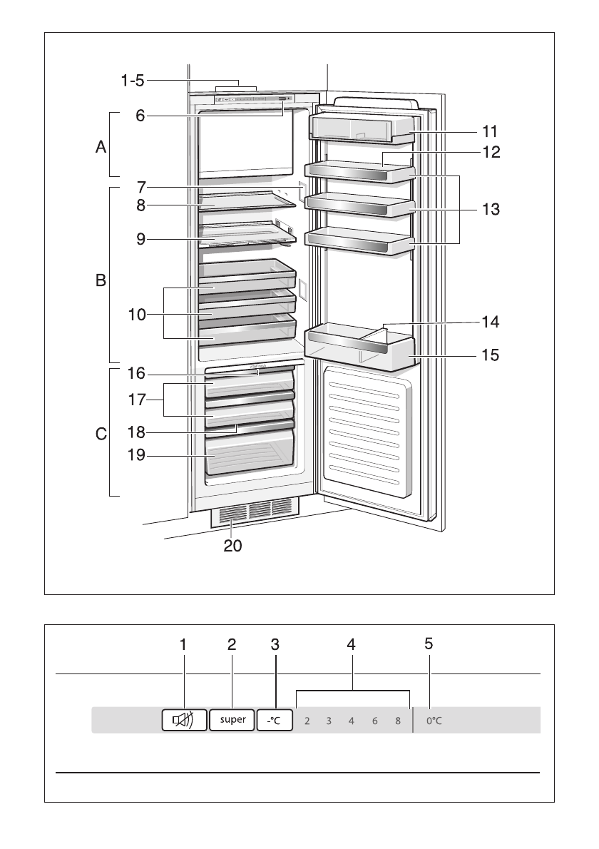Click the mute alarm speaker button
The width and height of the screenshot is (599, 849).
pyautogui.click(x=183, y=720)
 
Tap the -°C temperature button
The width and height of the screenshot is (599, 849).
pyautogui.click(x=275, y=720)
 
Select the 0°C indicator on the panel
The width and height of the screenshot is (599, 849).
pyautogui.click(x=434, y=721)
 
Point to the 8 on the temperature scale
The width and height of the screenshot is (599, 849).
pyautogui.click(x=398, y=721)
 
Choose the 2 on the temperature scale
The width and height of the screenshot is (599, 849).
pyautogui.click(x=307, y=721)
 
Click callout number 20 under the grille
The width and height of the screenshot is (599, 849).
pyautogui.click(x=233, y=546)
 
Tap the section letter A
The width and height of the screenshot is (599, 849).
pyautogui.click(x=101, y=148)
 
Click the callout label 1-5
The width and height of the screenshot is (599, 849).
pyautogui.click(x=131, y=81)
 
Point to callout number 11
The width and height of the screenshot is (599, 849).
pyautogui.click(x=489, y=131)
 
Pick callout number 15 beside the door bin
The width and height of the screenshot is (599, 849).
pyautogui.click(x=489, y=353)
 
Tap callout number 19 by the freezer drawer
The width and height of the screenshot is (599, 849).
pyautogui.click(x=136, y=454)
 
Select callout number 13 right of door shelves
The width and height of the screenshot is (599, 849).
pyautogui.click(x=489, y=210)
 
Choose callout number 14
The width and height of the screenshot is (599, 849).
pyautogui.click(x=489, y=322)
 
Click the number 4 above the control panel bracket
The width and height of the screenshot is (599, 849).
pyautogui.click(x=351, y=644)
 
